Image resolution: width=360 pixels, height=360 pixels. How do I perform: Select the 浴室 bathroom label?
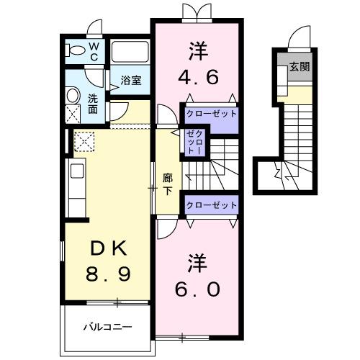[x=130, y=81]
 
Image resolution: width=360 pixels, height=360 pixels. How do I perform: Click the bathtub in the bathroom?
[x=130, y=53]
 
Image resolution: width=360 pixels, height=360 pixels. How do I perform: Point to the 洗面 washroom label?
[x=94, y=104]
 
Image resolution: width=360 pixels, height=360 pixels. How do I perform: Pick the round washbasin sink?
[x=72, y=94]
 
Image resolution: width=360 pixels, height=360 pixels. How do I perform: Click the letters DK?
[x=109, y=248]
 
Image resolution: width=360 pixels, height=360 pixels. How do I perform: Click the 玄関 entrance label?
[x=300, y=68]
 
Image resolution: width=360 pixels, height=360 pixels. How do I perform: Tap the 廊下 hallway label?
[x=167, y=185]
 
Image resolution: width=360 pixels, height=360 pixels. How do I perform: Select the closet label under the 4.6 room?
[x=211, y=114]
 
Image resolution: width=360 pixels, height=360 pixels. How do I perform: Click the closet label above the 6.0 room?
[x=211, y=205]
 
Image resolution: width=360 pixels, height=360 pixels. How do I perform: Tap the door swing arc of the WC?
[x=92, y=30]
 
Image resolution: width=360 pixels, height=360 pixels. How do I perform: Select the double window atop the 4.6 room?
[x=197, y=13]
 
